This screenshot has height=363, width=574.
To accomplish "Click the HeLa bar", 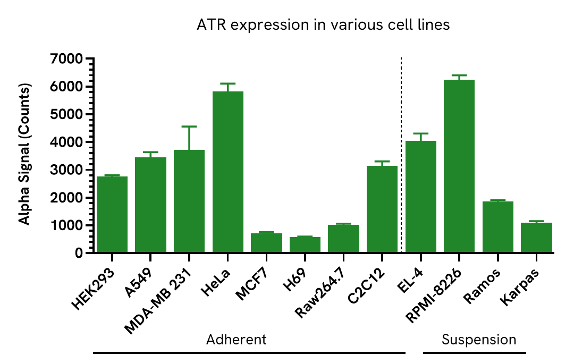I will tap(227, 172).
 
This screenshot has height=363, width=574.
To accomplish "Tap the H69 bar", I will tap(305, 245).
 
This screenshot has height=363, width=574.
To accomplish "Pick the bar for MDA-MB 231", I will tap(189, 201).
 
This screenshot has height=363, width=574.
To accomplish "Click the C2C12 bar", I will tap(382, 209).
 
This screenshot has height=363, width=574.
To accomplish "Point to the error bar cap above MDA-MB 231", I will tap(189, 126).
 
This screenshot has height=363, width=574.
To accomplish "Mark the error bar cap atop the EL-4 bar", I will tap(420, 133).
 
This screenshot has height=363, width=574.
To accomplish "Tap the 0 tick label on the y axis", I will tap(79, 254).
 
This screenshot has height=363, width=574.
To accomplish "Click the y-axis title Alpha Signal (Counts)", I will tap(24, 154).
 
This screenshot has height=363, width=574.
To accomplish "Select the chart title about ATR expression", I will tap(323, 25).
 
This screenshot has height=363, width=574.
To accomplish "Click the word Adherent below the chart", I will tap(236, 340).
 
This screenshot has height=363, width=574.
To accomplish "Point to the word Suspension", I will tap(479, 340).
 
